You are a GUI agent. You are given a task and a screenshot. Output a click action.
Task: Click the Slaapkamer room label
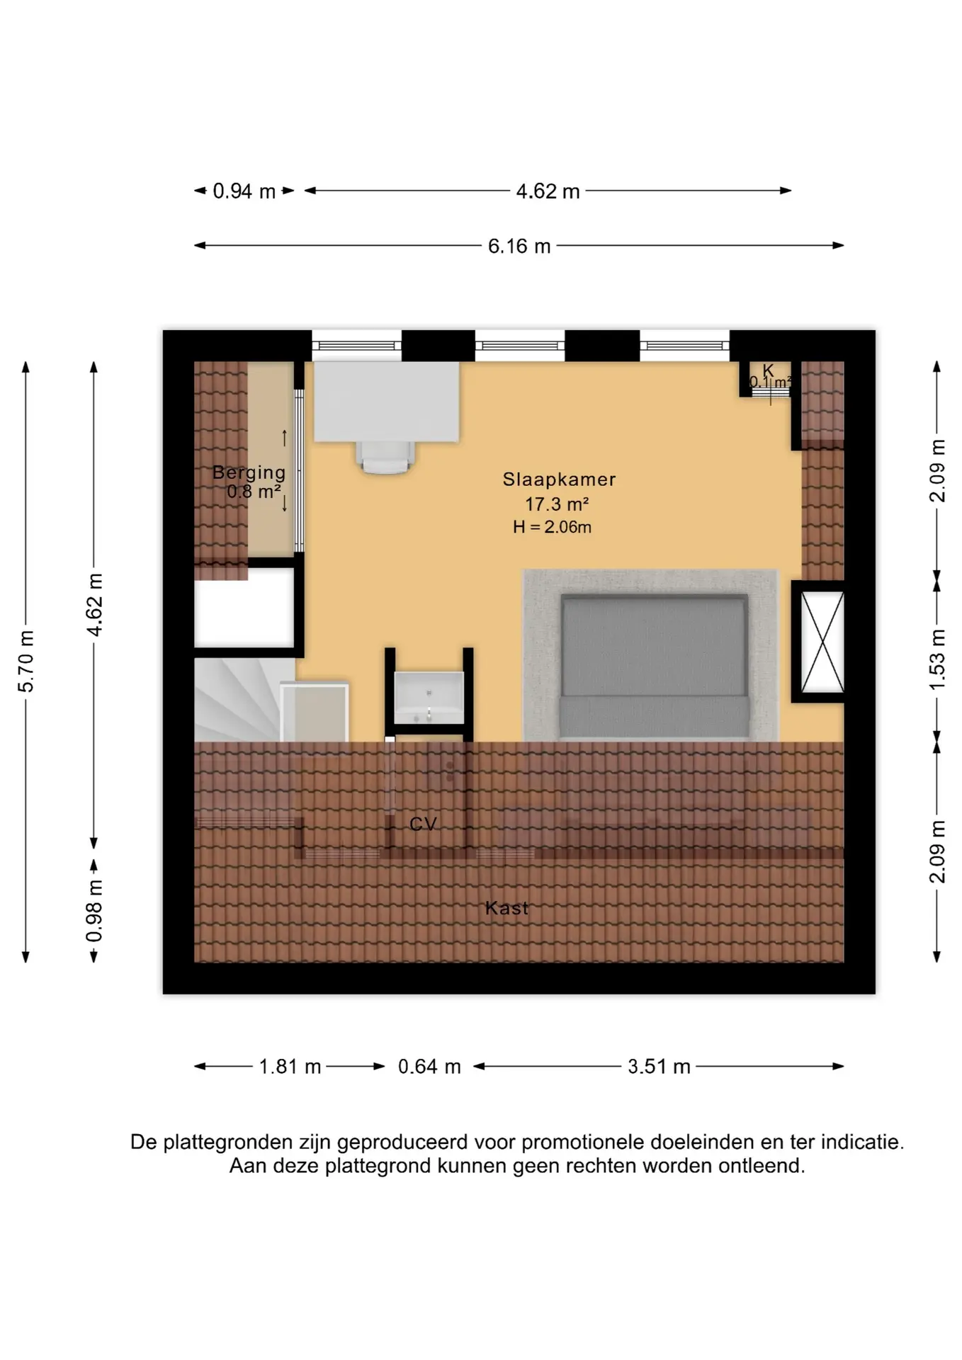559,480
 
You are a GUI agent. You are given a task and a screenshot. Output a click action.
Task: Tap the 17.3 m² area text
557,504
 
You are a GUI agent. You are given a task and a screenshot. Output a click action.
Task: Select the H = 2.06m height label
552,527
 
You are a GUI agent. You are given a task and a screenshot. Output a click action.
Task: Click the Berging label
249,472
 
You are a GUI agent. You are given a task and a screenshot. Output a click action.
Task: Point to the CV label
423,824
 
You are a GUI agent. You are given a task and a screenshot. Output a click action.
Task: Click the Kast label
507,908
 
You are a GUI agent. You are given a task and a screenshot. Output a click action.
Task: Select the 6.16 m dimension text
519,246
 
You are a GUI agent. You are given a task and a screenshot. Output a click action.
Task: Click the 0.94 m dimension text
244,191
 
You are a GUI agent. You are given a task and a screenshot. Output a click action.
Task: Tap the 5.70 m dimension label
26,661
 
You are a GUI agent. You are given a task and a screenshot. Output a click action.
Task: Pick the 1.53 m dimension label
937,659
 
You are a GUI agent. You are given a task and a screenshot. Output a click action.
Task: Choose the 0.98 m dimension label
94,912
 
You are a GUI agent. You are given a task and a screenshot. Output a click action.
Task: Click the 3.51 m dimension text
659,1067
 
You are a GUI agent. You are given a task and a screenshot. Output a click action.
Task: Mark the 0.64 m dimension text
429,1067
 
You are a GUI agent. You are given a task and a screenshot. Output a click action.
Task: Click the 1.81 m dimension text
290,1067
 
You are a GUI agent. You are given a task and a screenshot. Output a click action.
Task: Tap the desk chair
386,457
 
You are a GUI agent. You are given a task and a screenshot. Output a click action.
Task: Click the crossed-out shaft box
822,642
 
